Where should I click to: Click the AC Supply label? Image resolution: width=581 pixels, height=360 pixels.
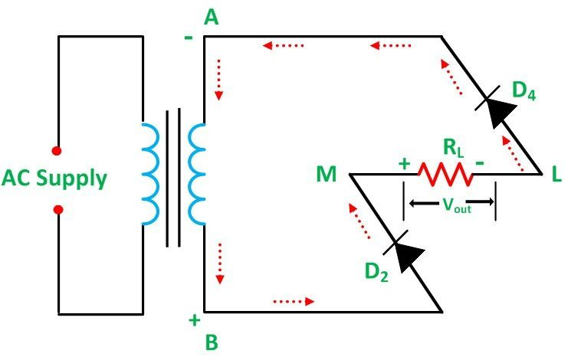[53, 178]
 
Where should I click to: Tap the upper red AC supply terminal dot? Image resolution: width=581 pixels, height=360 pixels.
[57, 150]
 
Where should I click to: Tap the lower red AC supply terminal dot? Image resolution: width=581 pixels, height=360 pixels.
[57, 209]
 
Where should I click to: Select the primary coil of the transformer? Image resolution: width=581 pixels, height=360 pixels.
[149, 173]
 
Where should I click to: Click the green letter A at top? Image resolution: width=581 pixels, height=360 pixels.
[211, 18]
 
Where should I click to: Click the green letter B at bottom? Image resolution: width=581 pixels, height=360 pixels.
[211, 342]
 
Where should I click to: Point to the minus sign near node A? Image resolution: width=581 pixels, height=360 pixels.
[189, 35]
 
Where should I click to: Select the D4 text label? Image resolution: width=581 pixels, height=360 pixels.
[524, 90]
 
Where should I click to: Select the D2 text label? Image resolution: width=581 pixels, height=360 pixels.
[374, 272]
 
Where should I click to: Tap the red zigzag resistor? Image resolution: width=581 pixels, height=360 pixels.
[446, 175]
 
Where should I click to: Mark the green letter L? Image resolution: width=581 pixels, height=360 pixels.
[556, 175]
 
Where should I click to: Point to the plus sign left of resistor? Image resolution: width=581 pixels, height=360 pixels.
[404, 162]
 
